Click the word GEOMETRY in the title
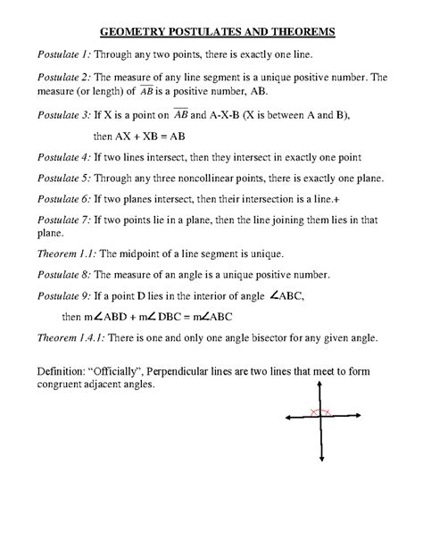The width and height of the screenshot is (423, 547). coord(136,32)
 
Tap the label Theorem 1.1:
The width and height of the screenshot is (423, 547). coord(62,253)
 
